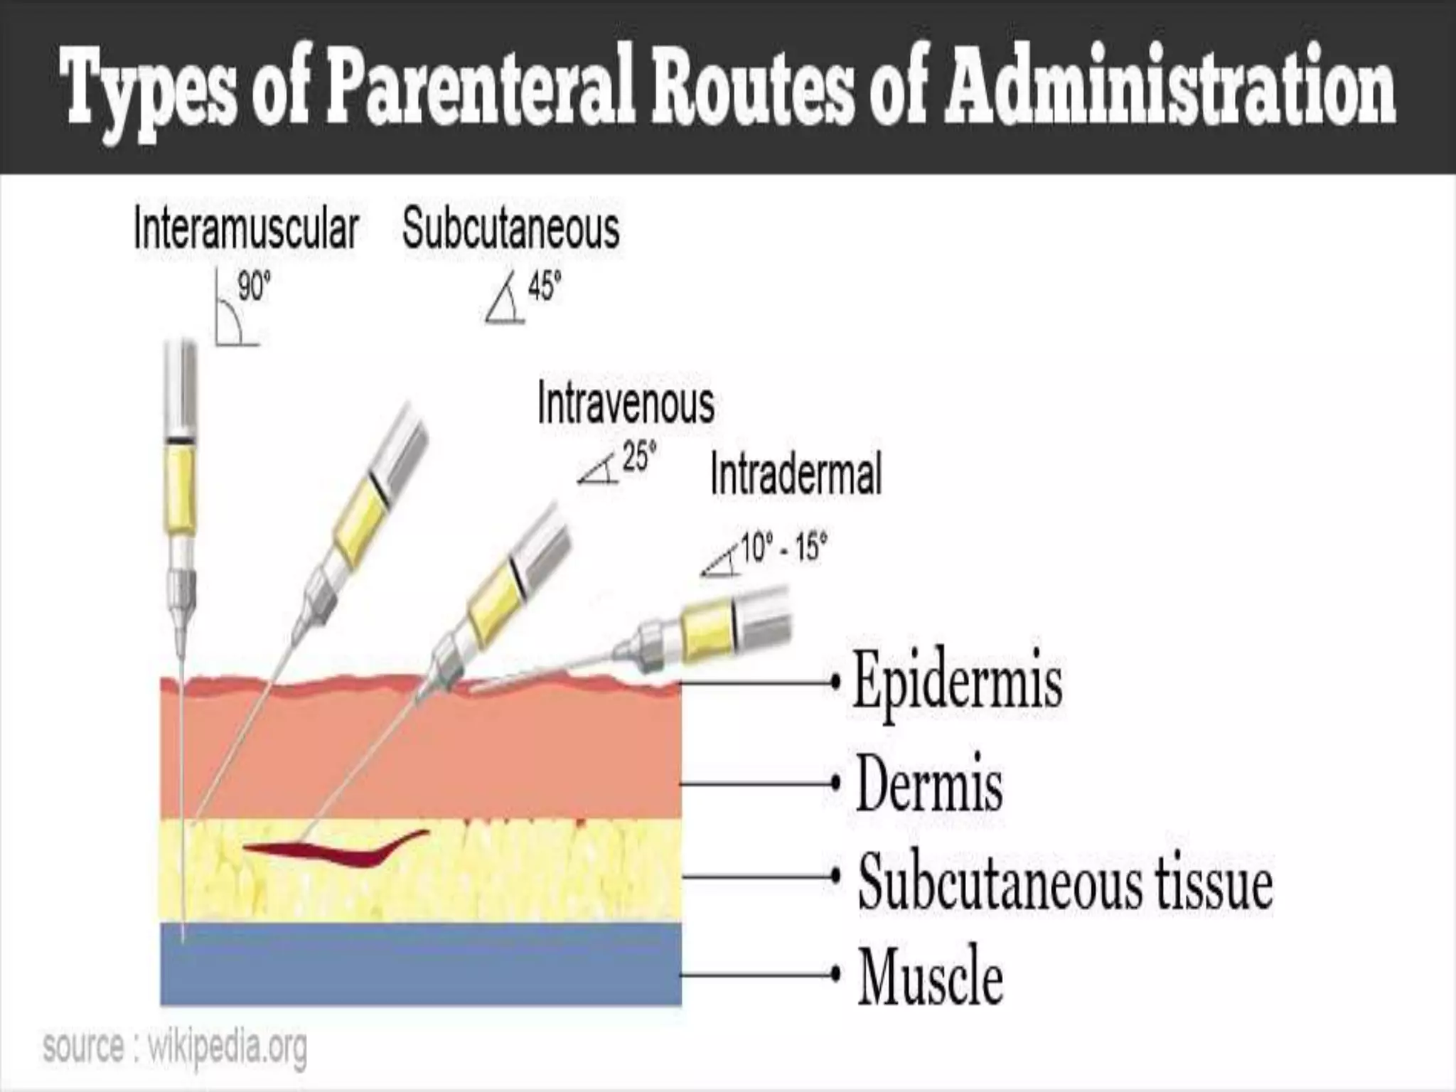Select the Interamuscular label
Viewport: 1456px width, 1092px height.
(x=246, y=229)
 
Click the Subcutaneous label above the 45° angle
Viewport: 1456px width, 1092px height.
(x=510, y=229)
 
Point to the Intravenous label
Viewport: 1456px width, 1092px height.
(x=626, y=403)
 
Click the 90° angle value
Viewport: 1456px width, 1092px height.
(x=254, y=288)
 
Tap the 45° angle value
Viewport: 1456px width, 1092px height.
(x=544, y=288)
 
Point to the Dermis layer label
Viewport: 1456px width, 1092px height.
(x=929, y=784)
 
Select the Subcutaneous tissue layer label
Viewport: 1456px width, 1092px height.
(x=1064, y=882)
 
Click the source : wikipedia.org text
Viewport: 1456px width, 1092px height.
(x=175, y=1047)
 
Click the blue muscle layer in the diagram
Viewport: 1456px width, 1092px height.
(x=419, y=964)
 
